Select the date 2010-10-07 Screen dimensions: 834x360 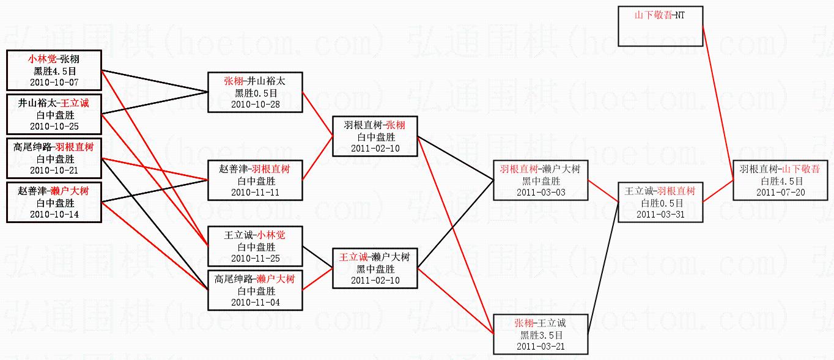click(54, 83)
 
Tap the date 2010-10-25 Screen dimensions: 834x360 click(54, 126)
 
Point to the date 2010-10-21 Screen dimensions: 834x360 click(54, 170)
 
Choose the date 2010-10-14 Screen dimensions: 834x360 click(54, 214)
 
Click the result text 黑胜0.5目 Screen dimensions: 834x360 click(256, 93)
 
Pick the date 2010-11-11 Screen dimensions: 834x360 click(256, 192)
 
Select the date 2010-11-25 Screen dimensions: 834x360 click(256, 258)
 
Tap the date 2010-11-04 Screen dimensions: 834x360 click(256, 302)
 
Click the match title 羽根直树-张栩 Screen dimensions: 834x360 click(375, 125)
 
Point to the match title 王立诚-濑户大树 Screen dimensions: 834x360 click(375, 257)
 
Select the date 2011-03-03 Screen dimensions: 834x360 click(541, 192)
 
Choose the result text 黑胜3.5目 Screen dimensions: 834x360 click(541, 335)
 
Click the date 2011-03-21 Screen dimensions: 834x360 click(541, 346)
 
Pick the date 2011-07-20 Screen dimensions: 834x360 click(781, 192)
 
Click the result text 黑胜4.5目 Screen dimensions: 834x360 click(55, 71)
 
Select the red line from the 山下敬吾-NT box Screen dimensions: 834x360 click(718, 103)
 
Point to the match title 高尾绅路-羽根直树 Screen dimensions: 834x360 click(54, 147)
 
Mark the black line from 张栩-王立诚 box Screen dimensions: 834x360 click(603, 268)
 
